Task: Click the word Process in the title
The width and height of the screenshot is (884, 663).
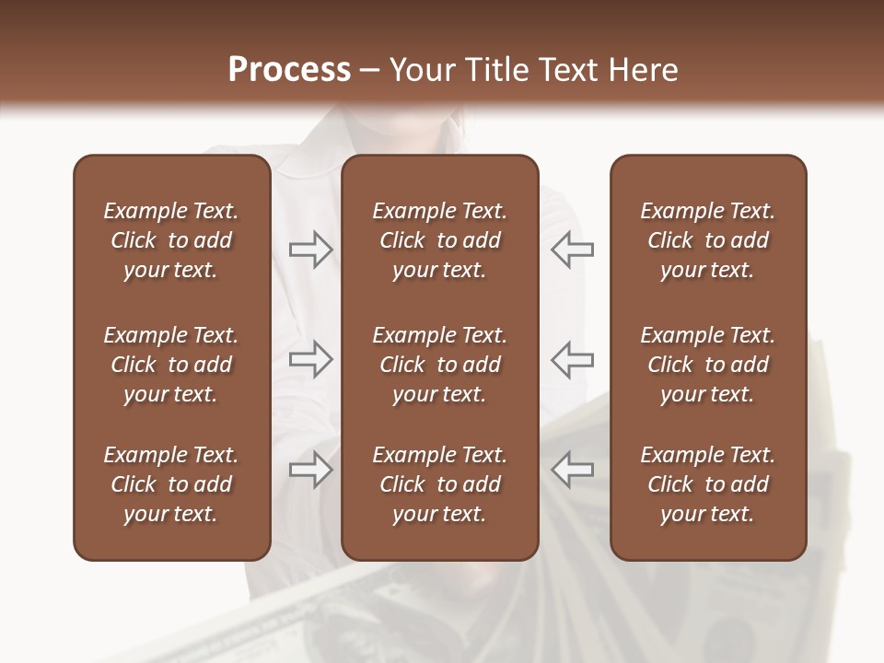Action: [x=289, y=70]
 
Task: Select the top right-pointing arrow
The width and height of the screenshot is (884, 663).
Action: [x=310, y=250]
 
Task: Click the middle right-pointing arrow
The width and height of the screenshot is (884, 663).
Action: [x=310, y=359]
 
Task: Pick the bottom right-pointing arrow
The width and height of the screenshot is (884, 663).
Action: [x=310, y=470]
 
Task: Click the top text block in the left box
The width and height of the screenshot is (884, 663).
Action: [x=171, y=240]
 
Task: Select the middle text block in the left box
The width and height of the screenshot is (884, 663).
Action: [x=171, y=365]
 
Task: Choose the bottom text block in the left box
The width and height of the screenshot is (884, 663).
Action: [x=171, y=484]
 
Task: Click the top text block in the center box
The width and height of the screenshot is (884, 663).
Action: [x=440, y=240]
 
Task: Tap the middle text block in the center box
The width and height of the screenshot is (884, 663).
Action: [x=440, y=365]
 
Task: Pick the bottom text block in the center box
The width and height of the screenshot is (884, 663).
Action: [x=440, y=484]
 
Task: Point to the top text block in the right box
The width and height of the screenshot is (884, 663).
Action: [x=708, y=240]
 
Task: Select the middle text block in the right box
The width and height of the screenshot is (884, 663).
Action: [x=708, y=365]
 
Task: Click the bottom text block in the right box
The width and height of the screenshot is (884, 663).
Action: [x=708, y=484]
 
